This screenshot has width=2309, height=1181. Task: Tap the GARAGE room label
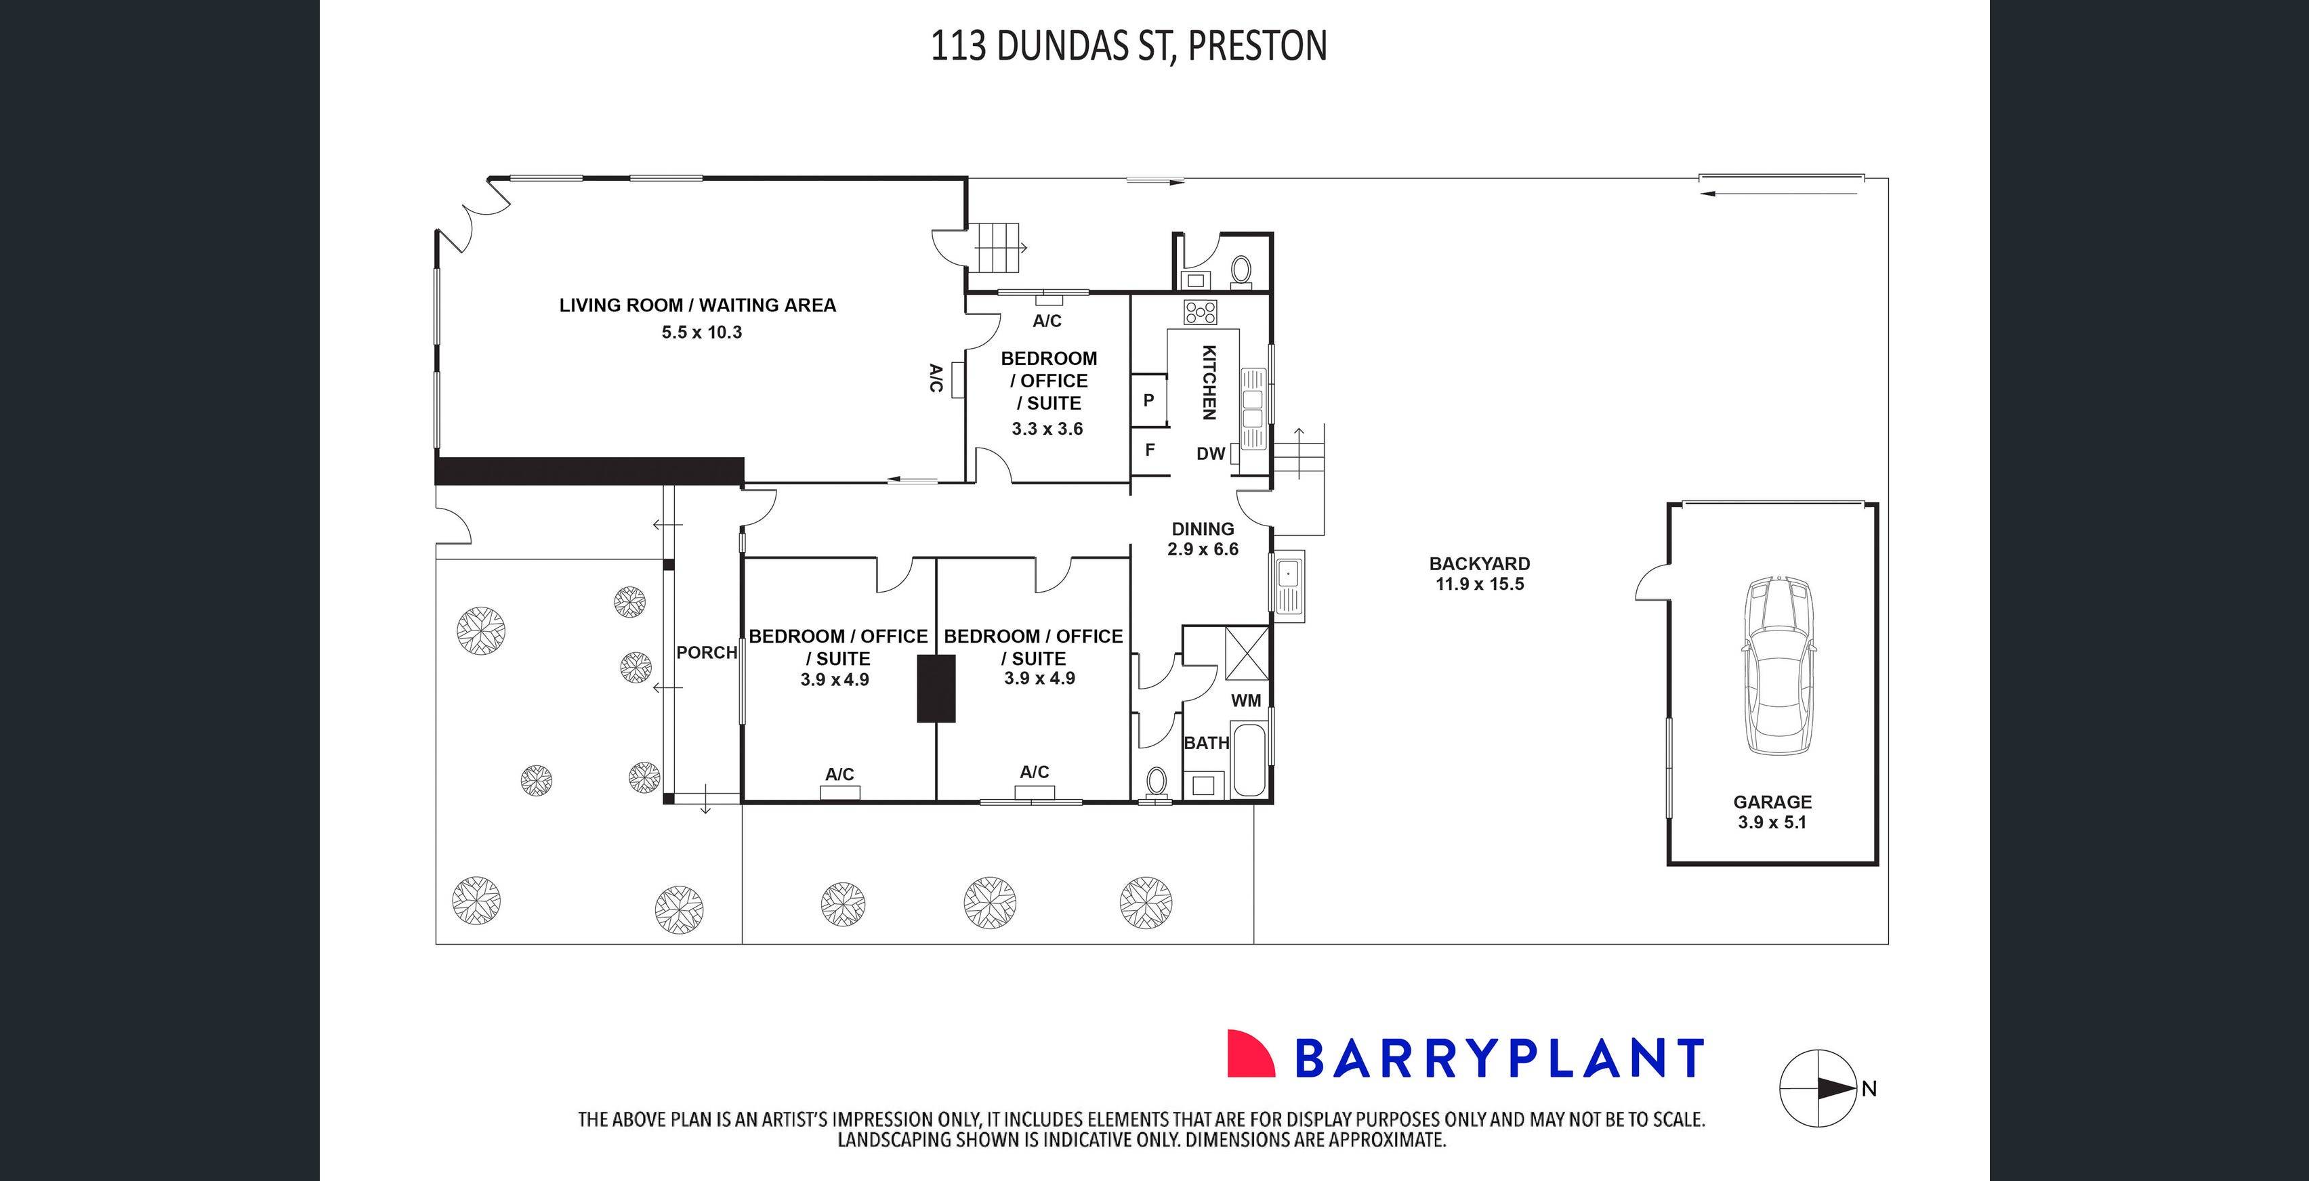(x=1772, y=802)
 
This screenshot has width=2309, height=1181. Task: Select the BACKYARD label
(x=1479, y=563)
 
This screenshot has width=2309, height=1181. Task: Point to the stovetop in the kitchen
(x=1200, y=312)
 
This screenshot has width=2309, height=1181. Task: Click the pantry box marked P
(x=1148, y=400)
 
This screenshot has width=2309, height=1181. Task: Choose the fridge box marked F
(x=1149, y=450)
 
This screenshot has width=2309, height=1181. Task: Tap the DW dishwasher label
(x=1210, y=454)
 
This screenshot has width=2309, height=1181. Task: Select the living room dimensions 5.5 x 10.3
(x=702, y=332)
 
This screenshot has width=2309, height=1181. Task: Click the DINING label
(x=1203, y=529)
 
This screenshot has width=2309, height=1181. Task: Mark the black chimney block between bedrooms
(x=936, y=688)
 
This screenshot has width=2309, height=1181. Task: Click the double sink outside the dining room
(x=1288, y=584)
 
